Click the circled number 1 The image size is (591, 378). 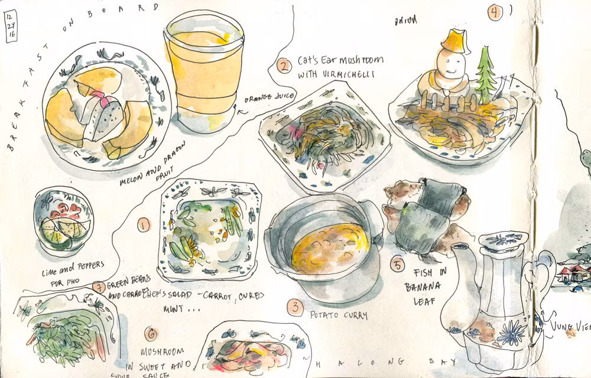coord(144,224)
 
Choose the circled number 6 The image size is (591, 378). coord(151,334)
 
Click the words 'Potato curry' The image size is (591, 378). coord(338,315)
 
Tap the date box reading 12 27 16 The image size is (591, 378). coord(10,27)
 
